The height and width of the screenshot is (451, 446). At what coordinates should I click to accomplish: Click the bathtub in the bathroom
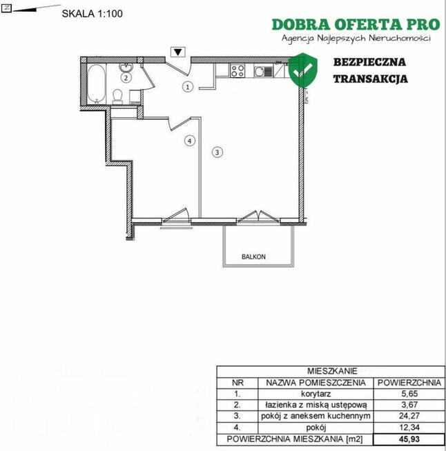97,83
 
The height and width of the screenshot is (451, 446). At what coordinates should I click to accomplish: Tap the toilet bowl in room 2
117,97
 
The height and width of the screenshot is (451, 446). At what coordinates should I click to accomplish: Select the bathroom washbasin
126,68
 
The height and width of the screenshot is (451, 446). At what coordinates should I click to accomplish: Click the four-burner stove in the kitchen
237,71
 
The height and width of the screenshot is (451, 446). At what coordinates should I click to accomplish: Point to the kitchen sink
263,71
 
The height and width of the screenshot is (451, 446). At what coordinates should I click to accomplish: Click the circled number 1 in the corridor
188,87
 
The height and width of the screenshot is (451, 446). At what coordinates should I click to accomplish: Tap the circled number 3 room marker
217,152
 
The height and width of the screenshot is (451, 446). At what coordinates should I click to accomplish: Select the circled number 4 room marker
189,141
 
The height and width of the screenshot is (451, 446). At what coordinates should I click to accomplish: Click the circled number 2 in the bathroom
126,78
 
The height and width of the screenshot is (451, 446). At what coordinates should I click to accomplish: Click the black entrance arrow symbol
178,52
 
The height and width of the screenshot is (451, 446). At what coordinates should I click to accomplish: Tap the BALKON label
253,257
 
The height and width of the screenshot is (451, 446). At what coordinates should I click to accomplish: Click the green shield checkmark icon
303,70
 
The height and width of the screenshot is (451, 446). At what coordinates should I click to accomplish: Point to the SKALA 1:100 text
92,14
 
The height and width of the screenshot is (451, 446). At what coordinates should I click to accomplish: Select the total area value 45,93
409,439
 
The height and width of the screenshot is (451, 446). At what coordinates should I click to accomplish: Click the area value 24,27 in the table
409,416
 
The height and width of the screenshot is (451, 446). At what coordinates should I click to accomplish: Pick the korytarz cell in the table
316,394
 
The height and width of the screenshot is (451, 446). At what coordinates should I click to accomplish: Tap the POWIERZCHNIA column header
409,383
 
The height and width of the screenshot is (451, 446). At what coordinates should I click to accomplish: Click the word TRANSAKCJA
371,79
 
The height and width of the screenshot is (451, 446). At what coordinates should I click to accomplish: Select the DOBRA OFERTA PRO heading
356,24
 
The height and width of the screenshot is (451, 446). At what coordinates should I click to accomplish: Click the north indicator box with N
6,8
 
